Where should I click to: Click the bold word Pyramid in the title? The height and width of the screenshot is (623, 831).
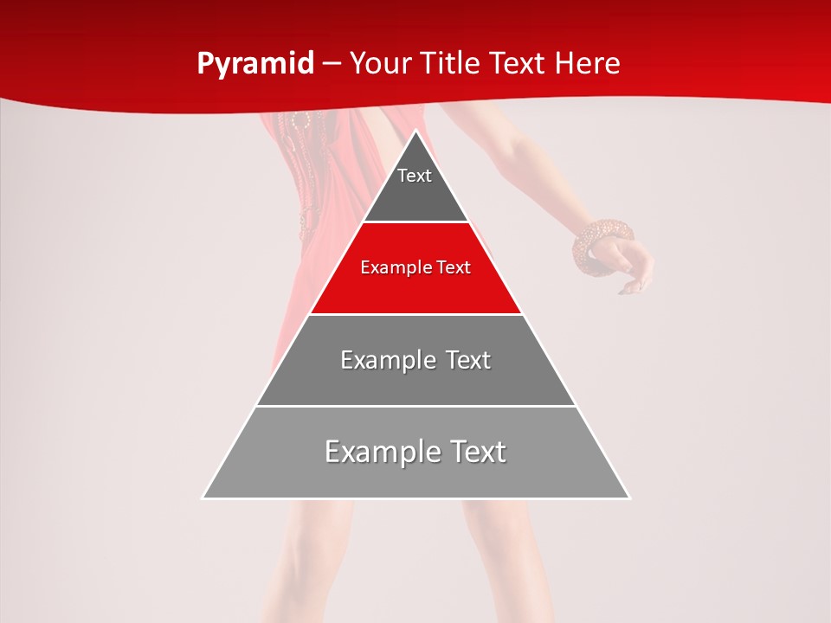click(x=255, y=63)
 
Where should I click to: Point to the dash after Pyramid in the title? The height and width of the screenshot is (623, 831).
click(x=331, y=64)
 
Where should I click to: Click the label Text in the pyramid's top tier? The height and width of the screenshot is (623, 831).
click(x=415, y=176)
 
